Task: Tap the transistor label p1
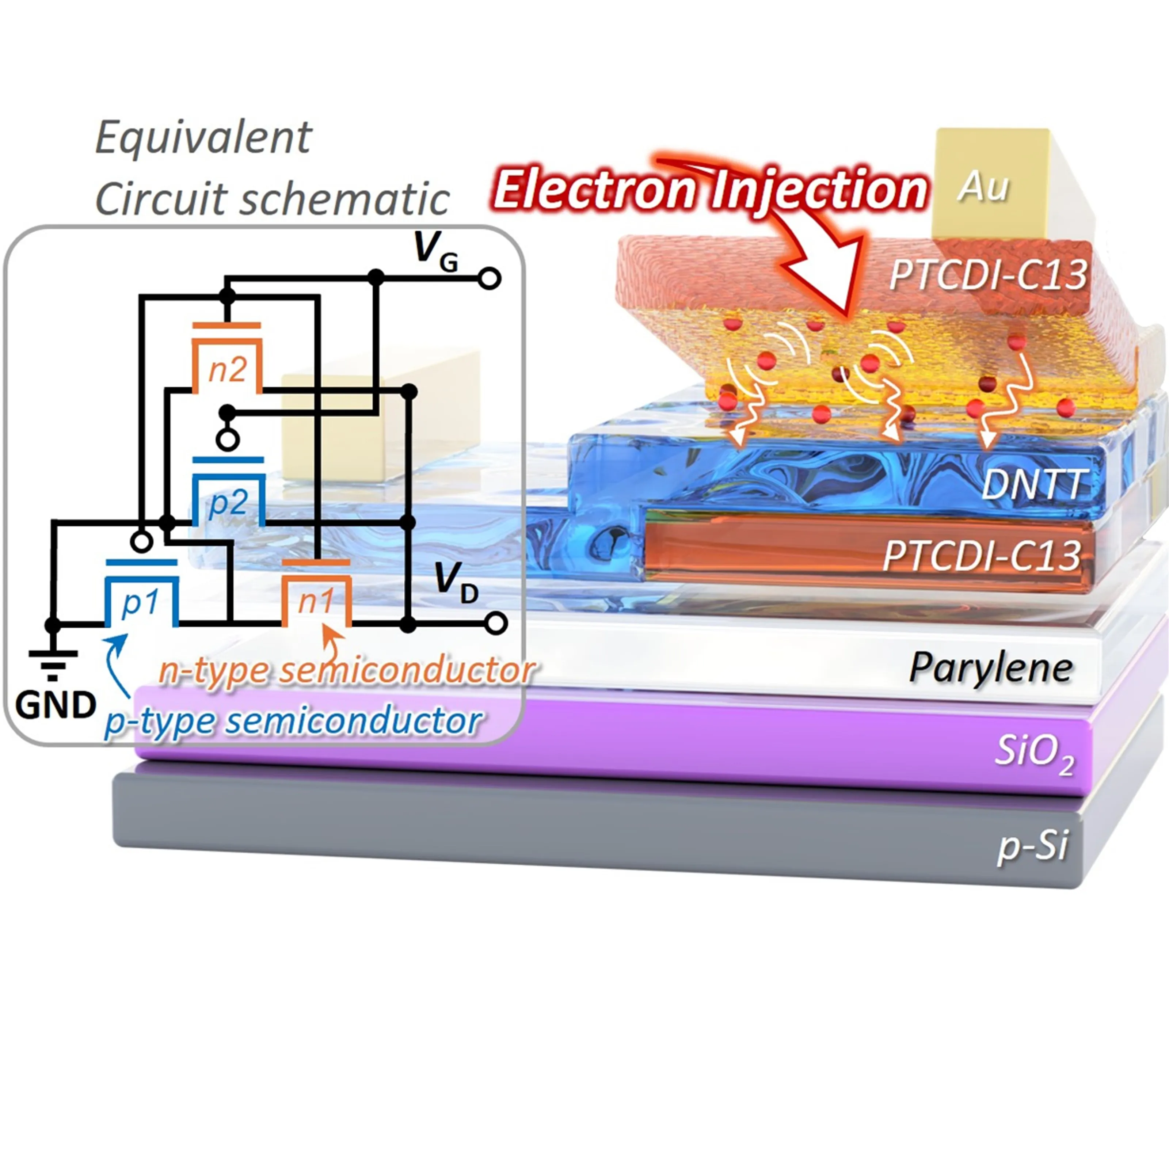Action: tap(140, 603)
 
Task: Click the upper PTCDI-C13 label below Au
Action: tap(989, 275)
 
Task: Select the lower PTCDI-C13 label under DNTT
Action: tap(982, 555)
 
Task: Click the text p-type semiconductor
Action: tap(293, 721)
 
